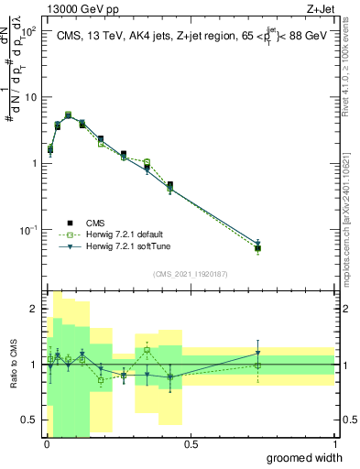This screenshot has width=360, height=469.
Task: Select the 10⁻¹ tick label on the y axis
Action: click(27, 229)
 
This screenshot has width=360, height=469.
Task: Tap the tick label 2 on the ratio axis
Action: click(34, 310)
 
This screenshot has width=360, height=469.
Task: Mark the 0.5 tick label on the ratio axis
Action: click(29, 420)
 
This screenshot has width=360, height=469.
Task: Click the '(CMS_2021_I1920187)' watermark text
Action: click(191, 272)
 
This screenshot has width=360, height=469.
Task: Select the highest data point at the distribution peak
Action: click(68, 115)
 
